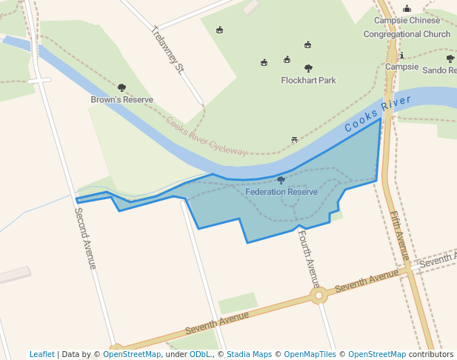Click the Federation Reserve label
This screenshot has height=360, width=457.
coord(281,192)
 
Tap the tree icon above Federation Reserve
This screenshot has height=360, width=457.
coord(281,180)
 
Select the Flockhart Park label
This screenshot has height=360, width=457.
coord(308,80)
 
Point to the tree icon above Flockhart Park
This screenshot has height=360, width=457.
coord(308,68)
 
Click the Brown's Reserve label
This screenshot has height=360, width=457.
coord(121,99)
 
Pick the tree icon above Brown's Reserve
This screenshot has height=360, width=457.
coord(121,87)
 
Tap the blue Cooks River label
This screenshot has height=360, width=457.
coord(377,114)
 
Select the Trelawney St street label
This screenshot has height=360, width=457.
coord(167,50)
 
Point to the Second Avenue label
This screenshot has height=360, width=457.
coord(85,238)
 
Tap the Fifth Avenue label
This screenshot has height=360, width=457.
coord(398,236)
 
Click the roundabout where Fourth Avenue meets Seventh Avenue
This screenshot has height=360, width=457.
coord(318,296)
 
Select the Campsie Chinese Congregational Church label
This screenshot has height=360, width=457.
coord(407,27)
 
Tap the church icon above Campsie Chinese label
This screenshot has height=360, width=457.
coord(407,9)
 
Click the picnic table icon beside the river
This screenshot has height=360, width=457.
coord(295,139)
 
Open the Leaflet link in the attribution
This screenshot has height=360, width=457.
coord(41,354)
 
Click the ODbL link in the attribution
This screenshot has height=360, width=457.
coord(200,354)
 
